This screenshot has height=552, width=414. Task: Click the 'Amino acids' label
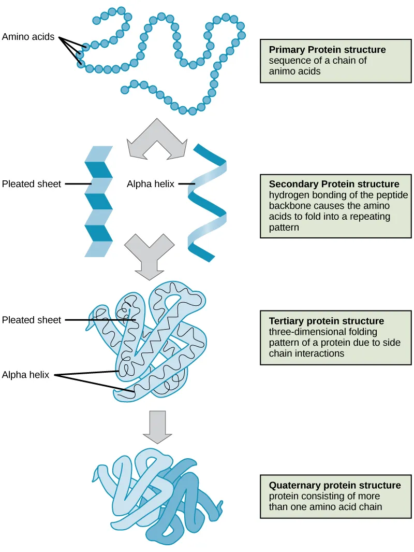pyautogui.click(x=28, y=37)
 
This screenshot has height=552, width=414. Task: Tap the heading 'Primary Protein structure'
pyautogui.click(x=327, y=50)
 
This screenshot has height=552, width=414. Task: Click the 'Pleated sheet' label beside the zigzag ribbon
pyautogui.click(x=32, y=183)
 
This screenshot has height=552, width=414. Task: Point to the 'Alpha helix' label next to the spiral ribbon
pyautogui.click(x=151, y=183)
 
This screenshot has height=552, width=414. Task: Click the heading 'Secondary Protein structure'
pyautogui.click(x=334, y=184)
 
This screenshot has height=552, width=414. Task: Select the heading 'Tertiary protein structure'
pyautogui.click(x=326, y=321)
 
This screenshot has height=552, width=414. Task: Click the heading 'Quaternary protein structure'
pyautogui.click(x=334, y=486)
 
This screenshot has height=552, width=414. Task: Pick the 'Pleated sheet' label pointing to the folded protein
pyautogui.click(x=32, y=320)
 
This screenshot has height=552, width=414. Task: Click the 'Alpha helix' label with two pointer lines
pyautogui.click(x=25, y=375)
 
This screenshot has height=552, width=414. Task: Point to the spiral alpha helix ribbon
pyautogui.click(x=207, y=202)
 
